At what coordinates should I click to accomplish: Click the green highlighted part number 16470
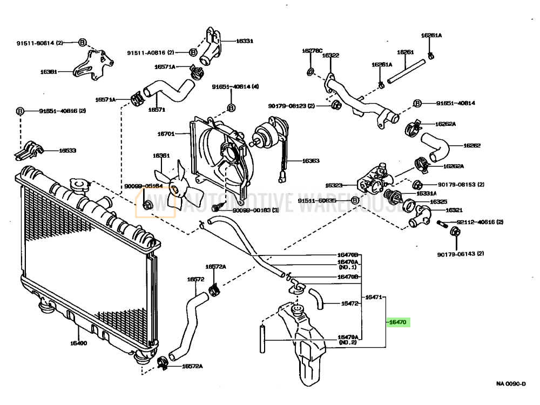399,322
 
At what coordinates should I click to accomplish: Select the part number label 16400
78,343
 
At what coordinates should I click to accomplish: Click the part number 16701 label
166,133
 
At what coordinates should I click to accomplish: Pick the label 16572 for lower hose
195,279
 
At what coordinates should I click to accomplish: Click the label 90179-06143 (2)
461,254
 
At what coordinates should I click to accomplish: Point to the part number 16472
349,303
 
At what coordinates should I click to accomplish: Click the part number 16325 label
438,201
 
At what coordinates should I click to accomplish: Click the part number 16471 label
374,297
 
